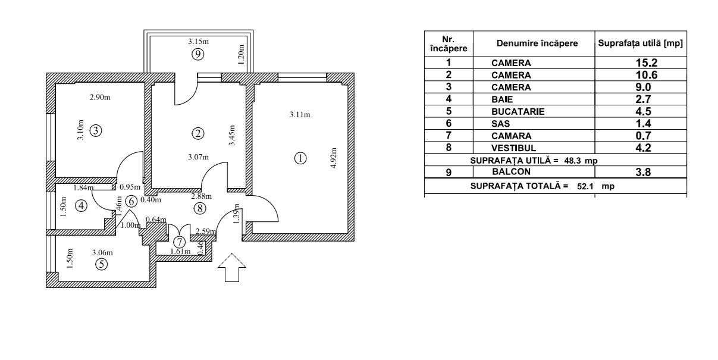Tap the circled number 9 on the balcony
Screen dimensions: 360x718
point(198,54)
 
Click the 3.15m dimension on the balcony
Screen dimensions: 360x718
point(198,42)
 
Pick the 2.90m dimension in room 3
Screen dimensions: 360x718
point(99,97)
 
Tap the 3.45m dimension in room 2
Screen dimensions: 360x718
point(233,136)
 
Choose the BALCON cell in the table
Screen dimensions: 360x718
point(507,171)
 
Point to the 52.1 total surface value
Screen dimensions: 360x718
point(585,186)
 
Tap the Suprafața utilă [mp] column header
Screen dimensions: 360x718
point(640,43)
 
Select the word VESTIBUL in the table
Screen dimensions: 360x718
point(514,148)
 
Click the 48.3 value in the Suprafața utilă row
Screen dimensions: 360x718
point(573,161)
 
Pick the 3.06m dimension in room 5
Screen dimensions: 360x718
point(102,253)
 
